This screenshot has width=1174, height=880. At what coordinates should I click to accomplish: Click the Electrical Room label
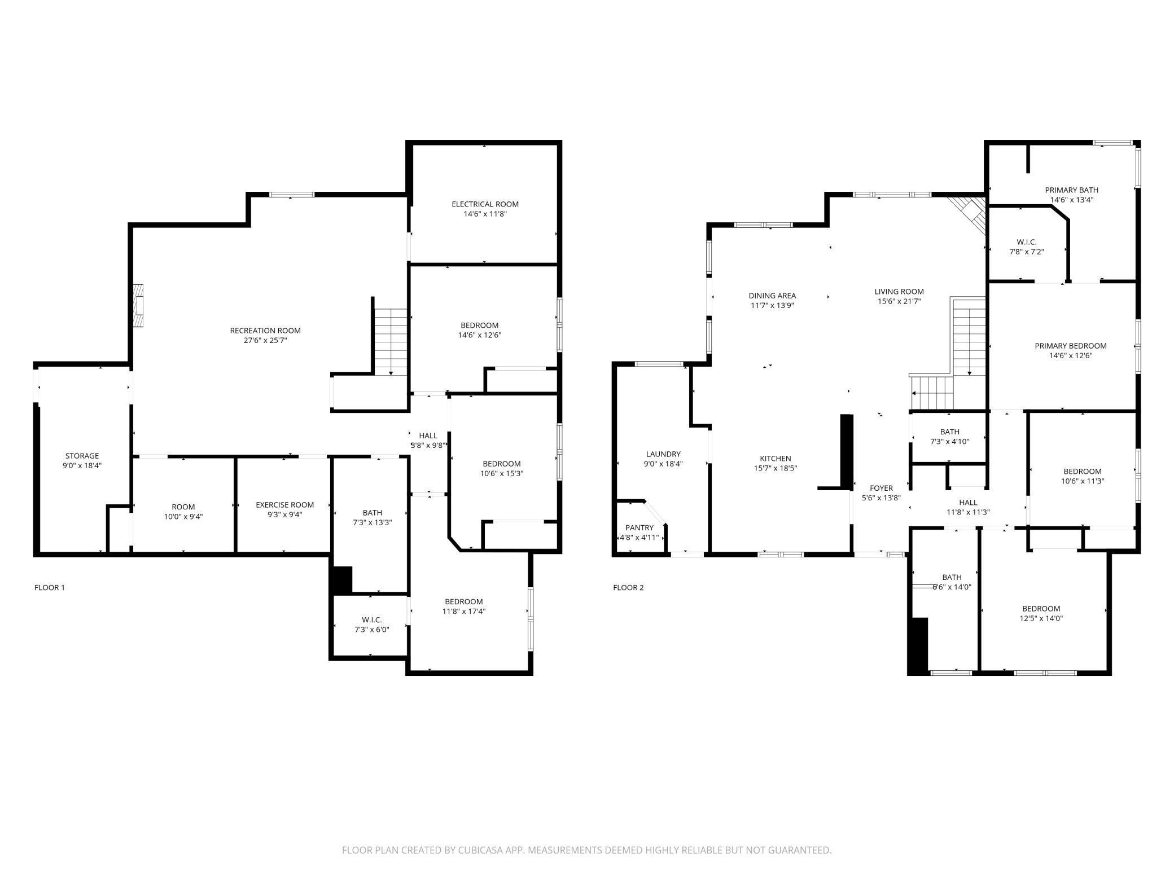coord(485,204)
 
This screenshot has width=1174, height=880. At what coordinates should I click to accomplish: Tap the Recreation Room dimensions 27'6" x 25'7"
coord(265,340)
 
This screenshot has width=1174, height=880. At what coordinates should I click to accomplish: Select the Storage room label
coord(82,456)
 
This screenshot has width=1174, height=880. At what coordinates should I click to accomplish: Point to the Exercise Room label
coord(284,505)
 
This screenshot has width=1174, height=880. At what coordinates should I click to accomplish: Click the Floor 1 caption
coord(50,587)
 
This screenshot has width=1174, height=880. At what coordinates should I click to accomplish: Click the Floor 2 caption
coord(628,587)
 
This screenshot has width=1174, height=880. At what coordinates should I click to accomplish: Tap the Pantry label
coord(639,527)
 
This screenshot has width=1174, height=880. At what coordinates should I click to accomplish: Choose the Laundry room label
coord(663,454)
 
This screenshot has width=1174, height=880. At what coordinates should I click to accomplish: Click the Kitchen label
coord(776,459)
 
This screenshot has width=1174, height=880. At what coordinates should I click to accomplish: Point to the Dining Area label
coord(772,296)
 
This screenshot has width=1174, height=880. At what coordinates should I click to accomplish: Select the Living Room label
coord(899,292)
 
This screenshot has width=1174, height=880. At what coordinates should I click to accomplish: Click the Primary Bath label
coord(1071,190)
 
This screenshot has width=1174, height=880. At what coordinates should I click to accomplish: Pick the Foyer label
coord(881,488)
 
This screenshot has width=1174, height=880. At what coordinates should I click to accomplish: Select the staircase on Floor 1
coord(391,342)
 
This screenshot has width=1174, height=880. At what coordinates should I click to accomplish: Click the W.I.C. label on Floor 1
coord(371,620)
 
